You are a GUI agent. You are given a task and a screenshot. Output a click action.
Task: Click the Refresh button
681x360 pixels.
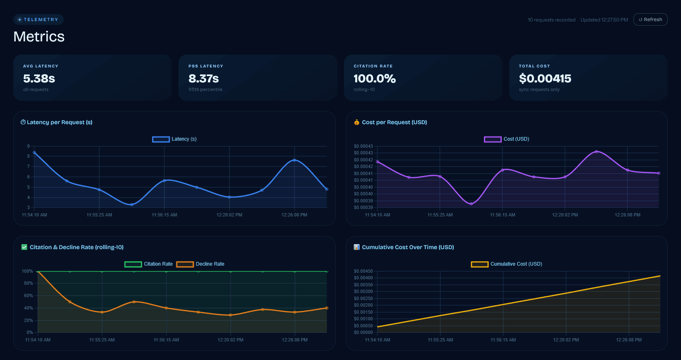pyautogui.click(x=650, y=19)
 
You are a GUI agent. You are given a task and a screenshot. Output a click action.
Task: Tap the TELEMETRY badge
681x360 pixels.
pyautogui.click(x=39, y=19)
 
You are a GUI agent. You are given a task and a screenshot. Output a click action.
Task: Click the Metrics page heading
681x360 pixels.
pyautogui.click(x=39, y=36)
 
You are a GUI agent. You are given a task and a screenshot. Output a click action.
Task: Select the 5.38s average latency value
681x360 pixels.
pyautogui.click(x=39, y=78)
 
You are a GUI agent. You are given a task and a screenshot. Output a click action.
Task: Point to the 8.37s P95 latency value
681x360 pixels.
pyautogui.click(x=204, y=78)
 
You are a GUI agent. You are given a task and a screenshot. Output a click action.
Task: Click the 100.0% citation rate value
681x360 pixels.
pyautogui.click(x=375, y=78)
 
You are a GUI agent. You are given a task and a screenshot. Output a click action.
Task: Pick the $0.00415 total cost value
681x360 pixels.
pyautogui.click(x=545, y=78)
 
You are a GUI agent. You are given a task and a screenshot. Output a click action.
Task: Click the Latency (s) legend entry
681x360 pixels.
pyautogui.click(x=175, y=139)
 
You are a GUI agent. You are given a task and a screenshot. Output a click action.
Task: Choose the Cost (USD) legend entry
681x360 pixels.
pyautogui.click(x=507, y=139)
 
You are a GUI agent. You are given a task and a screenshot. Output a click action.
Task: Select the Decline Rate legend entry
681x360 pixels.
pyautogui.click(x=200, y=264)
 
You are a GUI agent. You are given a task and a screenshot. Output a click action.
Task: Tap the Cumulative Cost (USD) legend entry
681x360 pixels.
pyautogui.click(x=507, y=264)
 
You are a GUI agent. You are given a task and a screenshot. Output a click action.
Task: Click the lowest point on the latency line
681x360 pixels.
pyautogui.click(x=132, y=204)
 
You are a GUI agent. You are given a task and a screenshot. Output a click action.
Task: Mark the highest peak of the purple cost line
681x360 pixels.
pyautogui.click(x=596, y=151)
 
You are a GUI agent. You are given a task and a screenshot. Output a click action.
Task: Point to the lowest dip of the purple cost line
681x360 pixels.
pyautogui.click(x=471, y=204)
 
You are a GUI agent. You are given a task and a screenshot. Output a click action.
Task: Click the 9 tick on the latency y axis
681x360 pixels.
pyautogui.click(x=29, y=146)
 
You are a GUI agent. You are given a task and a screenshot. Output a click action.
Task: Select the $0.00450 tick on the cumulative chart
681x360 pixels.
pyautogui.click(x=363, y=271)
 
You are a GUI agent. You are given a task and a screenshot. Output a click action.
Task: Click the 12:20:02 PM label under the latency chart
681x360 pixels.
pyautogui.click(x=229, y=215)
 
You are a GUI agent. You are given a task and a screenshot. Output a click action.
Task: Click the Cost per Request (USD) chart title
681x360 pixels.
pyautogui.click(x=394, y=122)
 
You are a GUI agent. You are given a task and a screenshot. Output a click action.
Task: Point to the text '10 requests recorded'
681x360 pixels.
pyautogui.click(x=551, y=20)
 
